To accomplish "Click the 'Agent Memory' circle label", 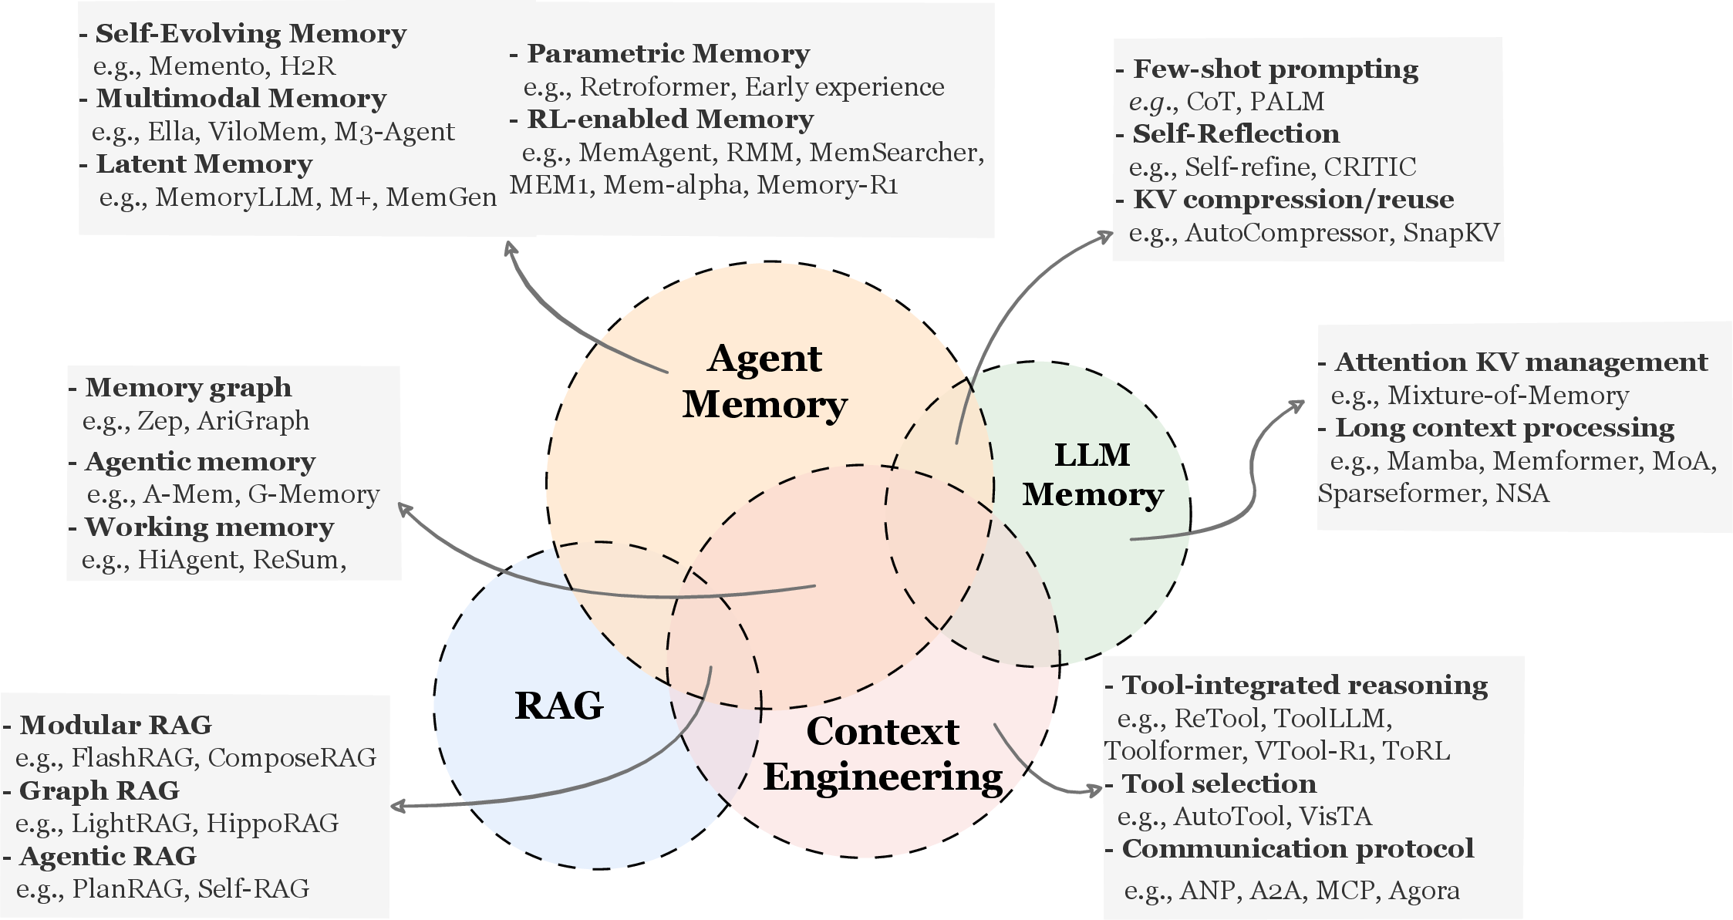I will [x=764, y=381].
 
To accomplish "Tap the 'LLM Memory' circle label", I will [x=1092, y=474].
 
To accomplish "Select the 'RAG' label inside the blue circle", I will [x=558, y=705].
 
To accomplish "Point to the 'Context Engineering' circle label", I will [x=883, y=753].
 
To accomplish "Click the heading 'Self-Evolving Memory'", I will [x=251, y=34].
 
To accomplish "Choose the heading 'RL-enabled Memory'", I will [x=669, y=120].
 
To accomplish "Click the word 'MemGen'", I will [x=441, y=197].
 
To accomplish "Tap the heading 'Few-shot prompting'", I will [x=1275, y=69].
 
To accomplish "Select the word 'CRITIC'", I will [x=1370, y=167].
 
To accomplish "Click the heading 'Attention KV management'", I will [x=1521, y=362].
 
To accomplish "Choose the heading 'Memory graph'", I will [x=188, y=387].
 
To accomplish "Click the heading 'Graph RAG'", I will [x=99, y=790].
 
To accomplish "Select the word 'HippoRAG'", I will [x=272, y=823].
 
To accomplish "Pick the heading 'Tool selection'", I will [x=1219, y=784].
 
